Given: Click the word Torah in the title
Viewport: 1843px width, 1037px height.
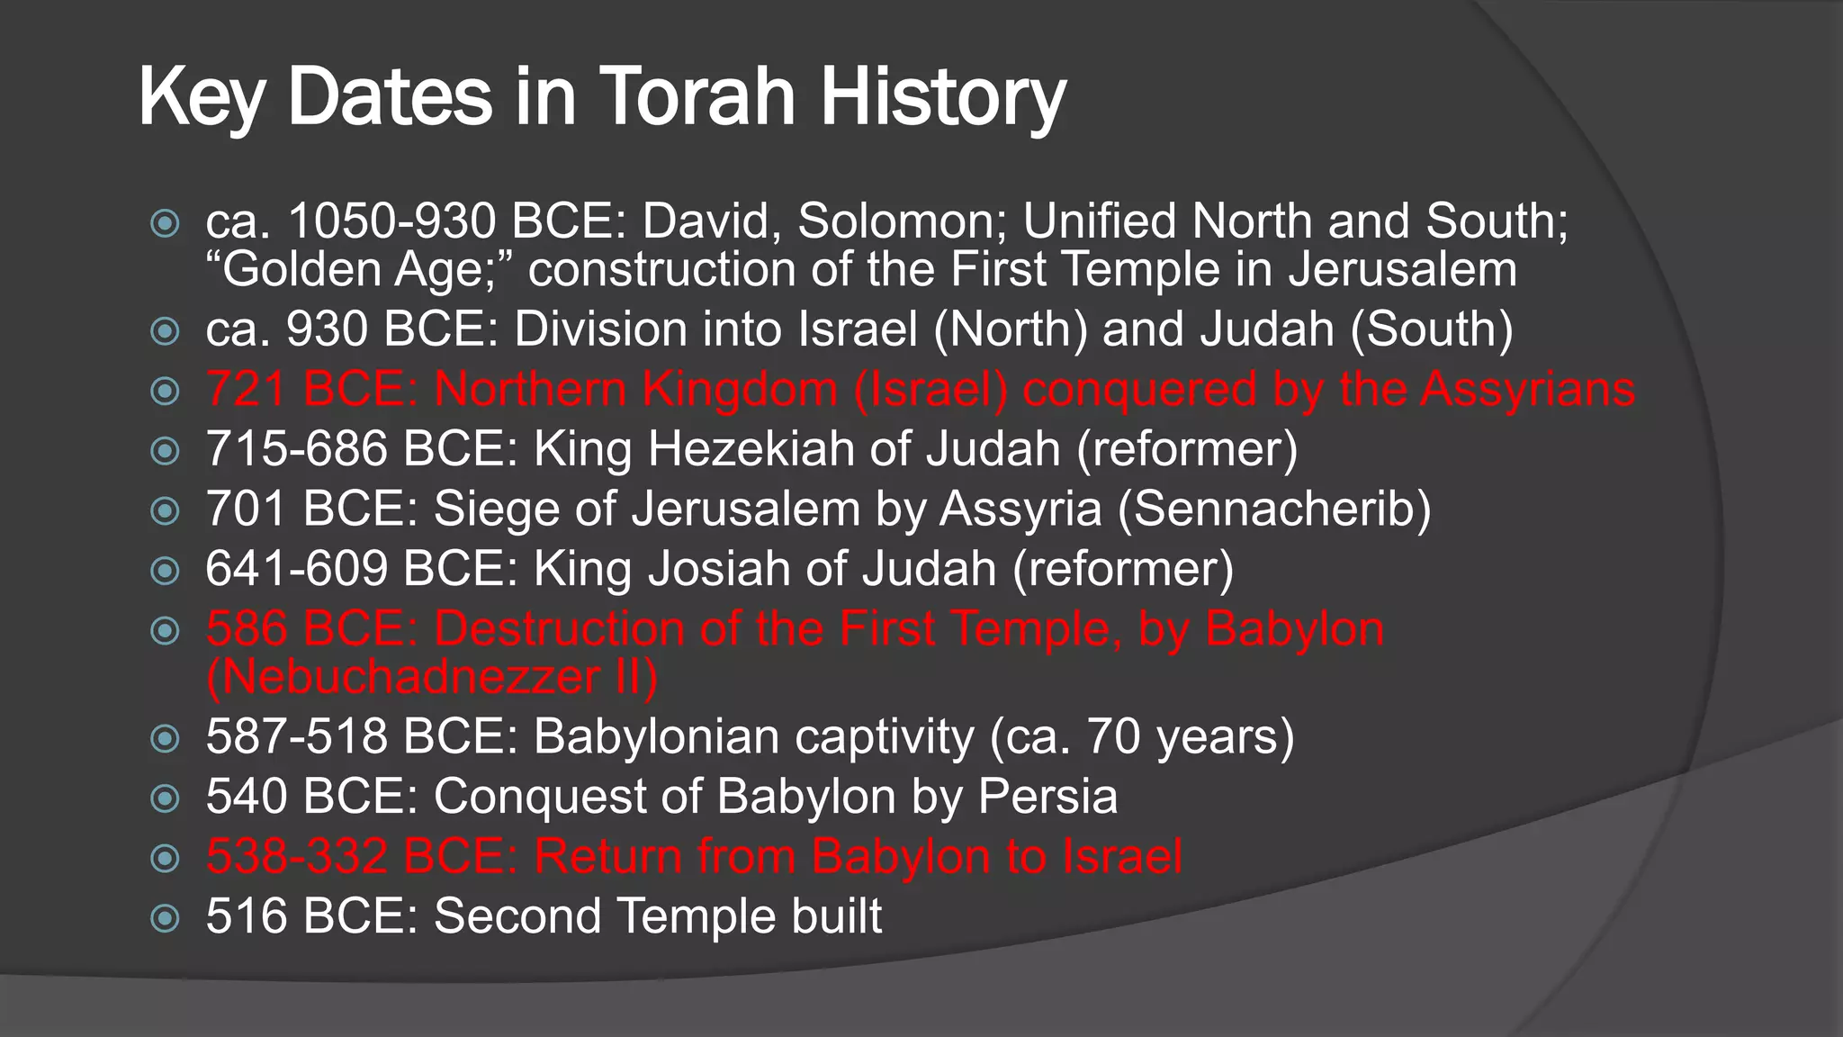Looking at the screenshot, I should pyautogui.click(x=697, y=96).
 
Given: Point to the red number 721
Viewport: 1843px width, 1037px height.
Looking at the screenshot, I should pyautogui.click(x=246, y=390).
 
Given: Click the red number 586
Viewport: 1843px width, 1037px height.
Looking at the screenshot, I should pyautogui.click(x=246, y=629).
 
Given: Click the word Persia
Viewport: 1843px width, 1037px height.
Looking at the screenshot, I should pyautogui.click(x=1047, y=797).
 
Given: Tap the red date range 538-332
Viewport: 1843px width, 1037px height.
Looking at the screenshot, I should pyautogui.click(x=296, y=857).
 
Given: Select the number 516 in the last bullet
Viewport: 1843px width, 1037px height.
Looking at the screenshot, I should pyautogui.click(x=246, y=916).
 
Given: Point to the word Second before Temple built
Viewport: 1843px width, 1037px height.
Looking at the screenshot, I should pyautogui.click(x=517, y=916).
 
